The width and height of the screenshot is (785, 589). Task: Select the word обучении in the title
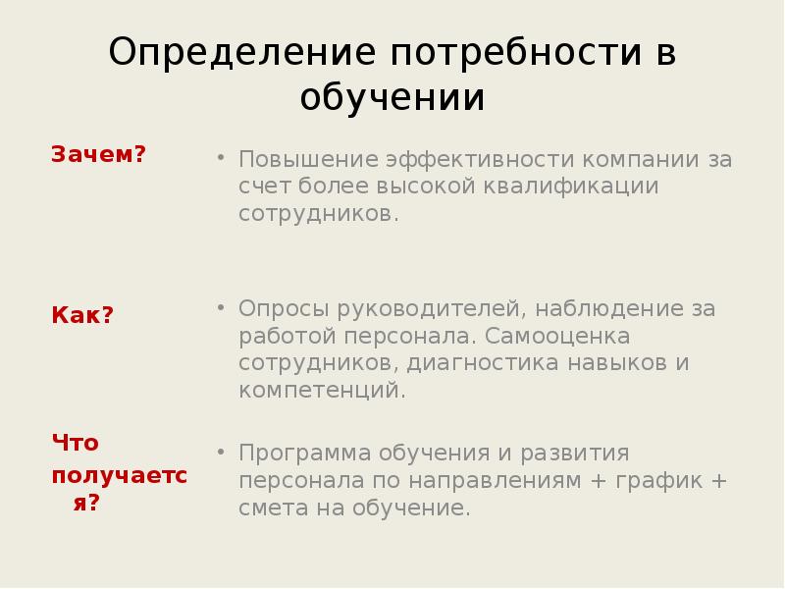(392, 98)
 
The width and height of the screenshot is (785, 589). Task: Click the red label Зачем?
(98, 154)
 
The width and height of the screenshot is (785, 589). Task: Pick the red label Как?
(82, 315)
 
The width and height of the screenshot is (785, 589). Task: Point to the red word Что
(76, 443)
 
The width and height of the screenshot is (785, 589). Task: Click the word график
(662, 481)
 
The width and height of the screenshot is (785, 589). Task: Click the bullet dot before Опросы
(221, 308)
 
